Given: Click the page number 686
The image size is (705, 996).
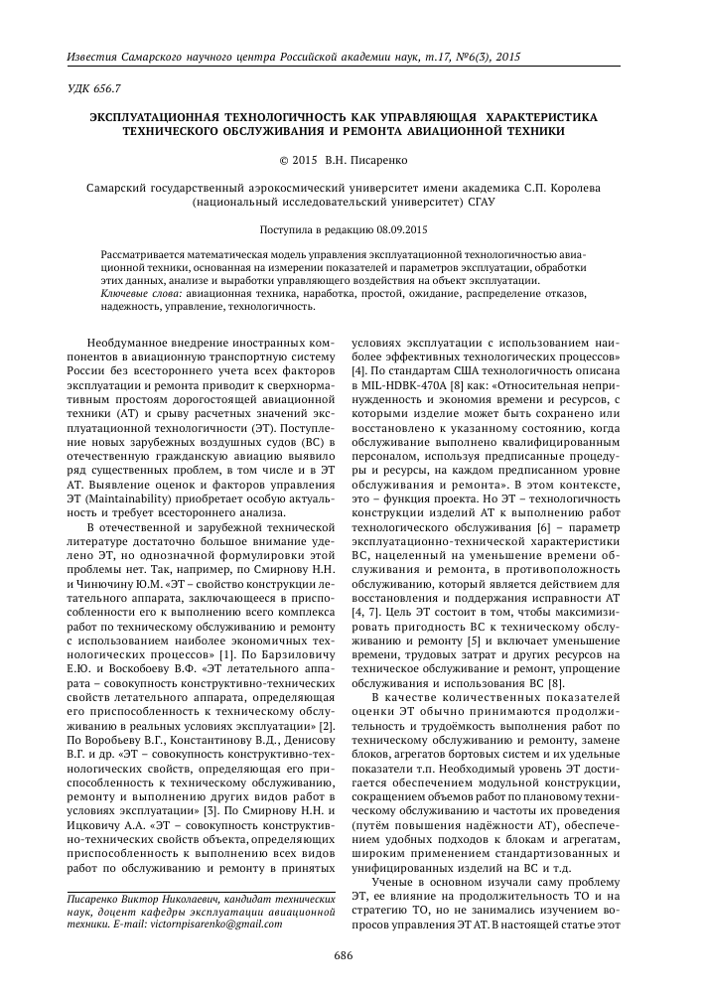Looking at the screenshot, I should coord(344,957).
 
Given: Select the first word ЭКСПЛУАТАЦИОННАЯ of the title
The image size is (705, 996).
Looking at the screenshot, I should coord(165,116).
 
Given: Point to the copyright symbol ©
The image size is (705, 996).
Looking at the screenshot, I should coord(285,158).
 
